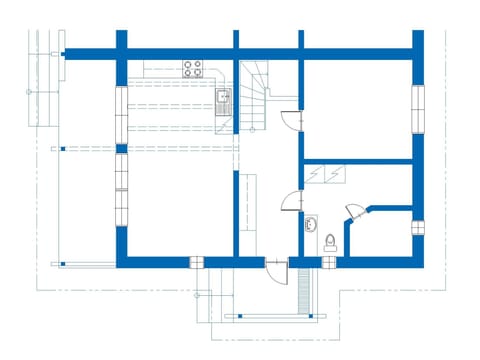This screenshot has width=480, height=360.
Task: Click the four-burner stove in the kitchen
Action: [x=193, y=69]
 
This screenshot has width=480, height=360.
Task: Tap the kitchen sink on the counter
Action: [x=224, y=98]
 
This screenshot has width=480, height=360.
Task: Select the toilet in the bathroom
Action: [x=330, y=240]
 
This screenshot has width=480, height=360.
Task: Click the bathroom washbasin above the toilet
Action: [x=312, y=222]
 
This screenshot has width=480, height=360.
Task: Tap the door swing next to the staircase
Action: [x=289, y=120]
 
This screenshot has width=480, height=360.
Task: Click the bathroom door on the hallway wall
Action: [x=291, y=199]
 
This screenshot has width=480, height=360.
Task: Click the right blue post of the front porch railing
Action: [x=318, y=316]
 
